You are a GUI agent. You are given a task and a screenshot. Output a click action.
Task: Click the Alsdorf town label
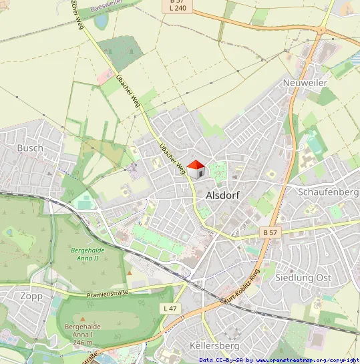tap(223, 196)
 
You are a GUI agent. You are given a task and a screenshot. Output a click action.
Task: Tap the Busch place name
tap(30, 148)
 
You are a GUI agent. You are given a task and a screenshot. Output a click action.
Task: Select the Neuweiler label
tap(305, 82)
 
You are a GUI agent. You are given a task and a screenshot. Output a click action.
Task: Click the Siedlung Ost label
tap(303, 277)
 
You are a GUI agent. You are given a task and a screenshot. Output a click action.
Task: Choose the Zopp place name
tap(31, 296)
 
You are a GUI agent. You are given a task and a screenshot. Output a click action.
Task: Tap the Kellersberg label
tap(214, 346)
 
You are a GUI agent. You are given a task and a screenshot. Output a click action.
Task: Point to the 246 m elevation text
tap(83, 343)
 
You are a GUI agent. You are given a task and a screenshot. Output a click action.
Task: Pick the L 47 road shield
tap(170, 308)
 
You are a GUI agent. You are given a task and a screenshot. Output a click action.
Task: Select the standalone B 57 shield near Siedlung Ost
tap(269, 232)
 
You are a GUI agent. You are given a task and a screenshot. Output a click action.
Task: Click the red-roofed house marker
tap(195, 170)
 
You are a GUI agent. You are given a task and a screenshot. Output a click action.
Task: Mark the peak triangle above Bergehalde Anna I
tap(83, 319)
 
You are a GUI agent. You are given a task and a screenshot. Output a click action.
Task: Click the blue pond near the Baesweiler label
tap(102, 21)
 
